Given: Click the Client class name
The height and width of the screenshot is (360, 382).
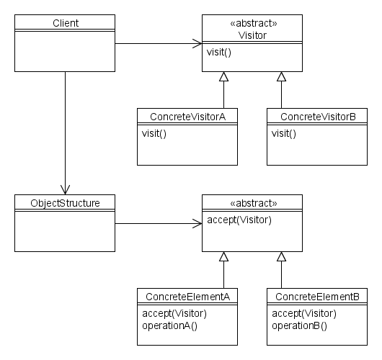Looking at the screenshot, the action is point(66,23).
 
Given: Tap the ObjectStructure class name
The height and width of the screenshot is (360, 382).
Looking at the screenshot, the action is point(65,203).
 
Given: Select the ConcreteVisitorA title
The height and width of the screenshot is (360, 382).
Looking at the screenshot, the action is point(187,117).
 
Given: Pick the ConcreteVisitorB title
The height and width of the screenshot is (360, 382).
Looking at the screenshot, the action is point(318,117).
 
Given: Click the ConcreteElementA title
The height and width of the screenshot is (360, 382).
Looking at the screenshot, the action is point(187,297).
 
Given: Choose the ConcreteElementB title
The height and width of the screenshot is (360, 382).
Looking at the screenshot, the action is point(317,297).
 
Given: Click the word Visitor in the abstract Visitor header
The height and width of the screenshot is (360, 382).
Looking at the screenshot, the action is point(252,35).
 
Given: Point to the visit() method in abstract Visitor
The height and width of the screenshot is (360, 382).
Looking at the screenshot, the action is point(219,53).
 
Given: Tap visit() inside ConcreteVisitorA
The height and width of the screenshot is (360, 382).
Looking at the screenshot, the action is point(154,134).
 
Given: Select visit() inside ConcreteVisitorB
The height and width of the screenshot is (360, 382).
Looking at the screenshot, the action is point(284,134).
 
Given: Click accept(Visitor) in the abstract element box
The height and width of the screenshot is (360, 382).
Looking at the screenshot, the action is point(239,220).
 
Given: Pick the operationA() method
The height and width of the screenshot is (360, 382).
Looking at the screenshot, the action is point(169,325).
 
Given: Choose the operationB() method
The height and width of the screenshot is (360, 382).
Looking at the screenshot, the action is point(299,325).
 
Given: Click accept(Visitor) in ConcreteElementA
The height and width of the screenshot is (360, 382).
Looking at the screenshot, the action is point(174,313).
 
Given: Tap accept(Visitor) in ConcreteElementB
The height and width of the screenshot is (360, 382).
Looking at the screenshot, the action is point(304,313).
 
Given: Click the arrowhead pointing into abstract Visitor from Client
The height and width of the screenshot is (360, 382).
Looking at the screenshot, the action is point(197,44).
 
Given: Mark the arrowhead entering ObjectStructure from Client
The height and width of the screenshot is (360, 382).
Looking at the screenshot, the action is point(65,190).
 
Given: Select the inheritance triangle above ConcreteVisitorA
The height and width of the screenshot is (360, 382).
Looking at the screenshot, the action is point(223,76).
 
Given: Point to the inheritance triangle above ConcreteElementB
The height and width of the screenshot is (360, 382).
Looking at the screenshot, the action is point(281,256).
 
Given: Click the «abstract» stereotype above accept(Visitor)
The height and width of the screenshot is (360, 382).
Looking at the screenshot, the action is point(254,203).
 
